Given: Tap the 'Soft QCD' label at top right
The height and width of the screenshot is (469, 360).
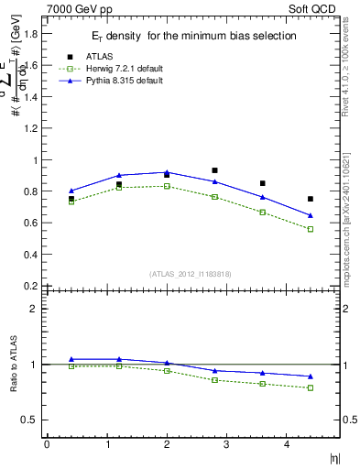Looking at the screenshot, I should coord(315,10).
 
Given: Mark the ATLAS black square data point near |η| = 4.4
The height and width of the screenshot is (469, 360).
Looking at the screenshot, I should coord(311,199).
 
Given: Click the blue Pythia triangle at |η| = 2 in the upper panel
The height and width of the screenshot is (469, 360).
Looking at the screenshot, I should coord(167,172).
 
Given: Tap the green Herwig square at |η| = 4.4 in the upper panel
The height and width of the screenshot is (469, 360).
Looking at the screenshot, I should coord(311,229).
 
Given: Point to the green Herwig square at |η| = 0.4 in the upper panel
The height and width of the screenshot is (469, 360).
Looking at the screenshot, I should coord(71,202).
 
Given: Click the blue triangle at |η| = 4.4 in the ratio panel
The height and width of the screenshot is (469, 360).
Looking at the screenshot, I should coord(311,376).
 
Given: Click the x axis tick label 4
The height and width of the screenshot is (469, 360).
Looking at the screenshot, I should coord(287,444).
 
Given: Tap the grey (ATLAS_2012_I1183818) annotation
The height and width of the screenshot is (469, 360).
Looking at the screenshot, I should coord(191,273).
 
